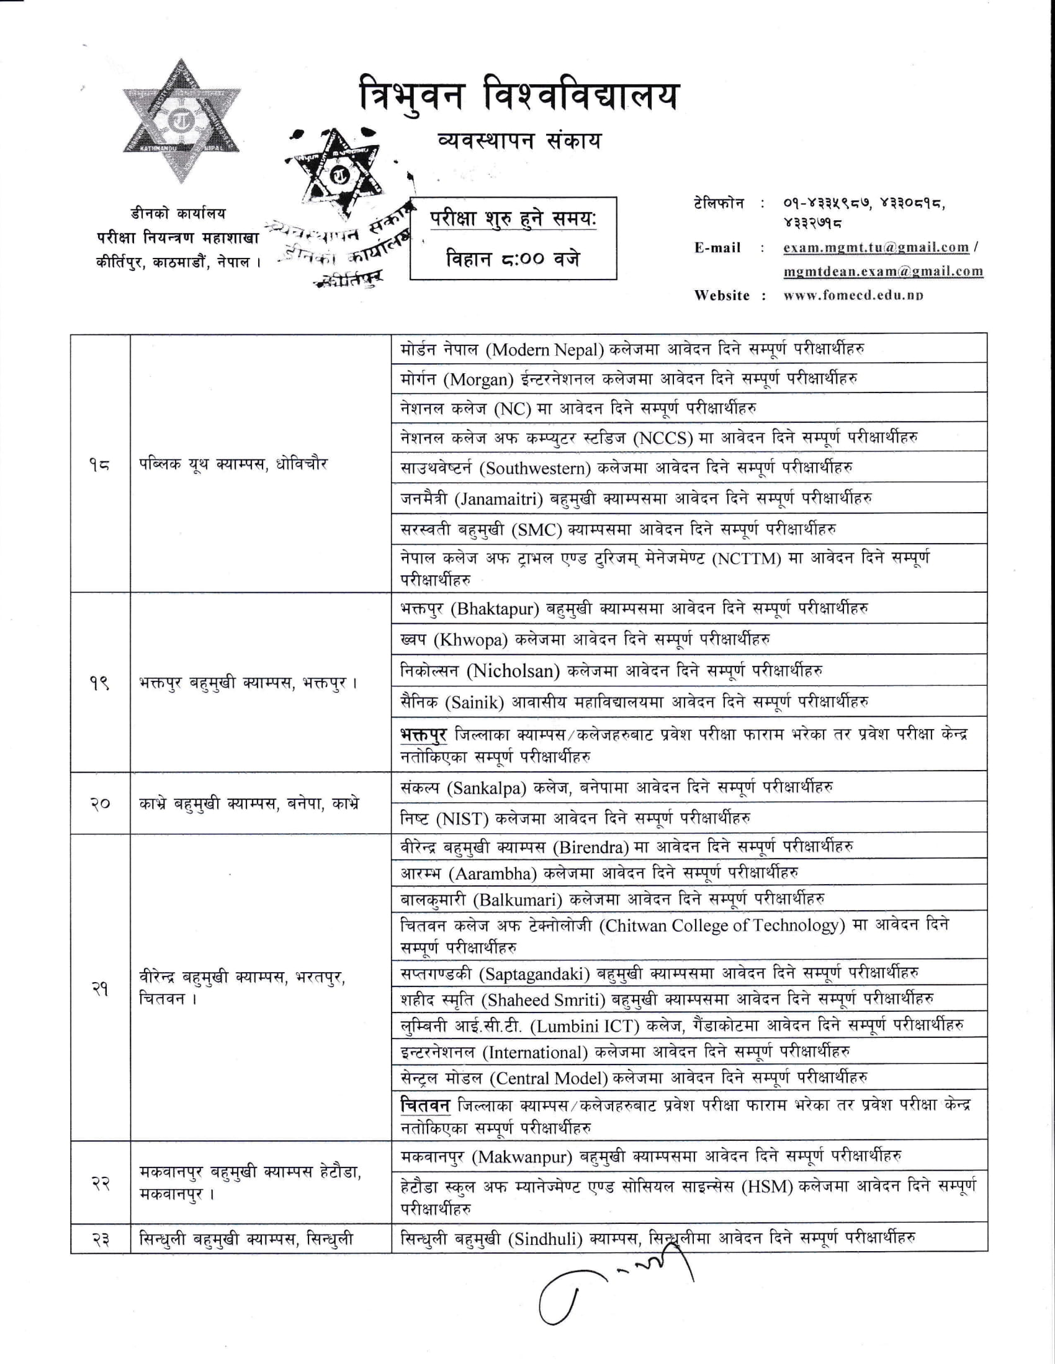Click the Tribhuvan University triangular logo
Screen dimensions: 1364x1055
[181, 122]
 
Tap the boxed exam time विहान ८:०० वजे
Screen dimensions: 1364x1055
[513, 257]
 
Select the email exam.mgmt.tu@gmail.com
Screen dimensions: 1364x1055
[876, 247]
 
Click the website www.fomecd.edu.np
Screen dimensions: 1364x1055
[853, 295]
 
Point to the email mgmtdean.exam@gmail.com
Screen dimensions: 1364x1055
[882, 271]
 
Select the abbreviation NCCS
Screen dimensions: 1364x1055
[663, 438]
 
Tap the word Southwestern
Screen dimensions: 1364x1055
[538, 468]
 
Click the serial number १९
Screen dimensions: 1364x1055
[99, 683]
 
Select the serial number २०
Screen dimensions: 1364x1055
[99, 803]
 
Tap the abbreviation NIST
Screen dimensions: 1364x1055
[464, 818]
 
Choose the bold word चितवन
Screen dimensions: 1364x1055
[425, 1105]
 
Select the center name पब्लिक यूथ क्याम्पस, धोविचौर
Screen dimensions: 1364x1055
[233, 464]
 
